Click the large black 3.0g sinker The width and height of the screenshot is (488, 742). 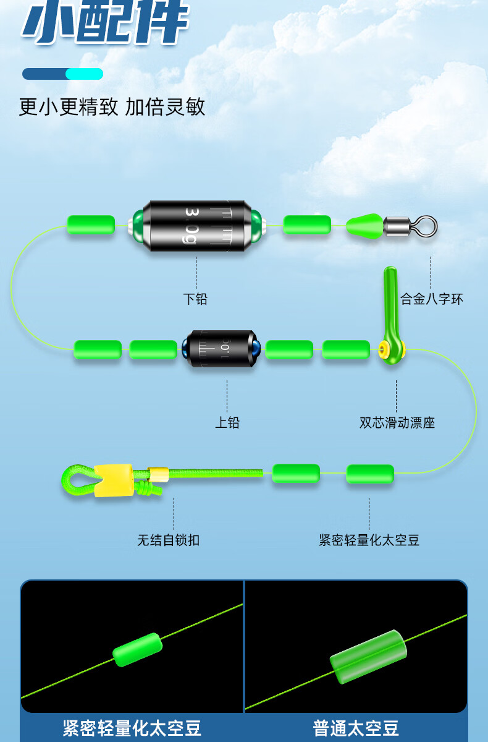pyautogui.click(x=196, y=225)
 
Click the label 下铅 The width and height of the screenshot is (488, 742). pyautogui.click(x=195, y=299)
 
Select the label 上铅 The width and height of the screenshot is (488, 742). pyautogui.click(x=227, y=423)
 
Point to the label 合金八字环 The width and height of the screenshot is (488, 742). pyautogui.click(x=431, y=299)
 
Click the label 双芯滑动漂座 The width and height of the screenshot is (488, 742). pyautogui.click(x=397, y=423)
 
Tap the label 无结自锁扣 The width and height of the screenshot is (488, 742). pyautogui.click(x=168, y=540)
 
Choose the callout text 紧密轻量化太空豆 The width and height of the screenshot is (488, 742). pyautogui.click(x=369, y=540)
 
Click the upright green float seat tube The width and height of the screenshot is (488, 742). pyautogui.click(x=390, y=303)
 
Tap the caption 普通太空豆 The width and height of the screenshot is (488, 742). pyautogui.click(x=356, y=728)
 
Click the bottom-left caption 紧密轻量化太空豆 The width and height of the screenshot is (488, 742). pyautogui.click(x=132, y=728)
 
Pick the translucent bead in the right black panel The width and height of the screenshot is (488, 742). pyautogui.click(x=369, y=657)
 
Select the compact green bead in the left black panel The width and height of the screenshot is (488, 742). pyautogui.click(x=137, y=649)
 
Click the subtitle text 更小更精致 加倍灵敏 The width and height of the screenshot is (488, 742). pyautogui.click(x=112, y=107)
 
